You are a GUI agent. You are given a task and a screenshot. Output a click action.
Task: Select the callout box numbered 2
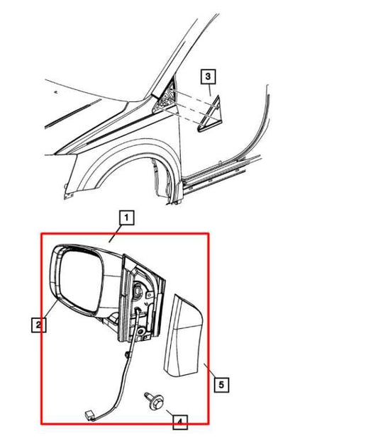(38, 325)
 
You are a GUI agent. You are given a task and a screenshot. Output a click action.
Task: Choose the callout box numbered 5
(221, 385)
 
